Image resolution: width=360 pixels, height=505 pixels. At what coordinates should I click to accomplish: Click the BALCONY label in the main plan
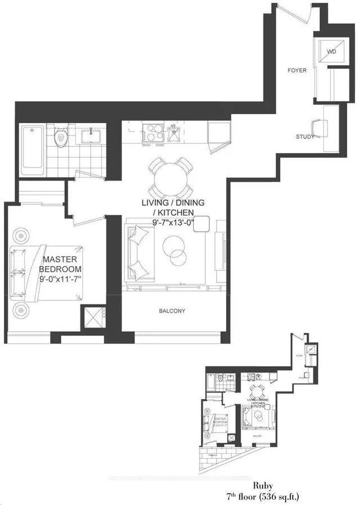coord(172,311)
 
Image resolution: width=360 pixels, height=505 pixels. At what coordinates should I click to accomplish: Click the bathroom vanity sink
coord(89,136)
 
